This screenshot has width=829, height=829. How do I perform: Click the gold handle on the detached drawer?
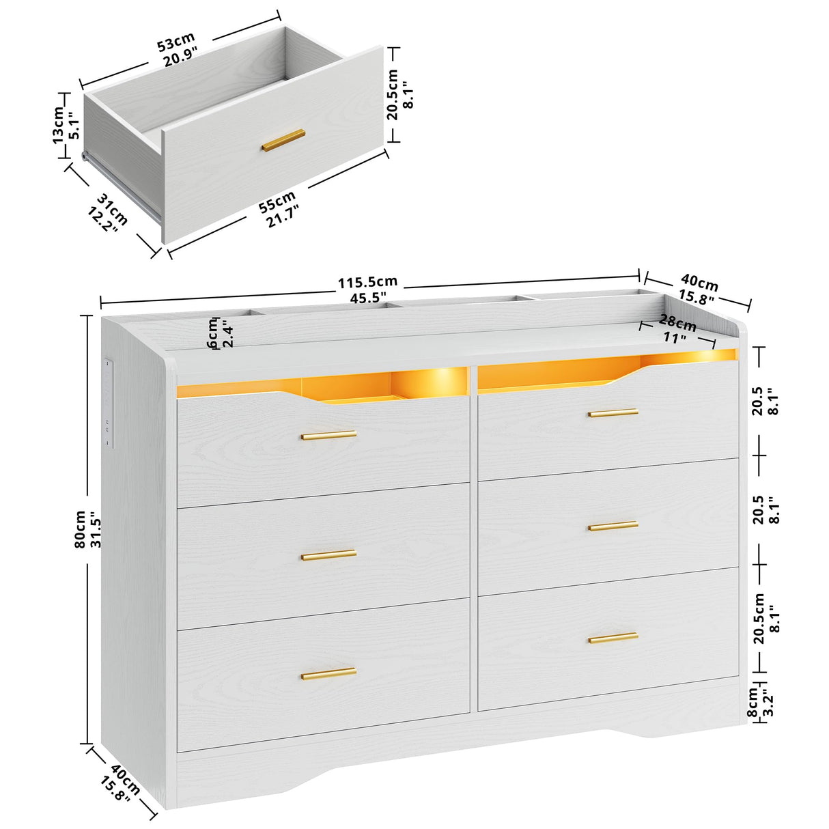pyautogui.click(x=283, y=139)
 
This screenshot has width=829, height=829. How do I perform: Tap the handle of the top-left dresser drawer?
pyautogui.click(x=329, y=435)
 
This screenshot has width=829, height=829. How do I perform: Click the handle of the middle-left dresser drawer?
pyautogui.click(x=329, y=554)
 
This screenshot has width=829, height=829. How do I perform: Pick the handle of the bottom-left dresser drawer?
pyautogui.click(x=329, y=673)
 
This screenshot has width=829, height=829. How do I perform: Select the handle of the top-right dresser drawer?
pyautogui.click(x=613, y=412)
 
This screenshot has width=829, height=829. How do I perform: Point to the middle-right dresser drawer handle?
pyautogui.click(x=613, y=526)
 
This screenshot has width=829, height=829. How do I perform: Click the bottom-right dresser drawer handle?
pyautogui.click(x=613, y=638)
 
